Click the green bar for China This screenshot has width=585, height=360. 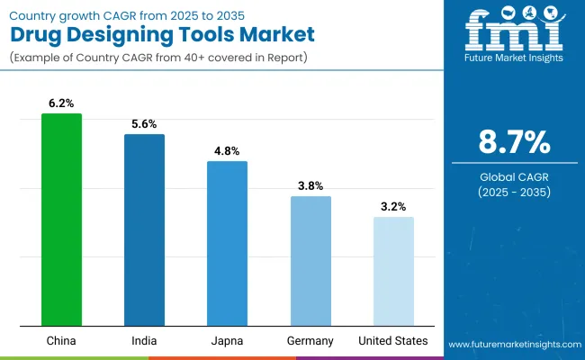(x=61, y=220)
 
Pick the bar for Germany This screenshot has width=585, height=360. (x=310, y=261)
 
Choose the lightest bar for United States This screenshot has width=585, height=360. (x=393, y=271)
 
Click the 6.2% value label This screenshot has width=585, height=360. (x=61, y=104)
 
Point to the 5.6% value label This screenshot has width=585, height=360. (x=144, y=125)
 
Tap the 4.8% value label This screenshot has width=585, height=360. (x=227, y=151)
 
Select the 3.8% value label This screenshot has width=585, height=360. (x=310, y=186)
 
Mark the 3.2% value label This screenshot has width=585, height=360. (x=393, y=207)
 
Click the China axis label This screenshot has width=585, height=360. (x=61, y=341)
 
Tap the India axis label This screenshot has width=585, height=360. (x=144, y=341)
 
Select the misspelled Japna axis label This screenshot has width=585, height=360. (x=227, y=341)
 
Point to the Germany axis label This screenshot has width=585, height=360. (x=310, y=341)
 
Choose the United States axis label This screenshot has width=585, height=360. (x=393, y=341)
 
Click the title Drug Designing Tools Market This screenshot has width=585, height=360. (x=163, y=35)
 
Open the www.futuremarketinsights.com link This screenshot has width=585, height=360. (x=512, y=345)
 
